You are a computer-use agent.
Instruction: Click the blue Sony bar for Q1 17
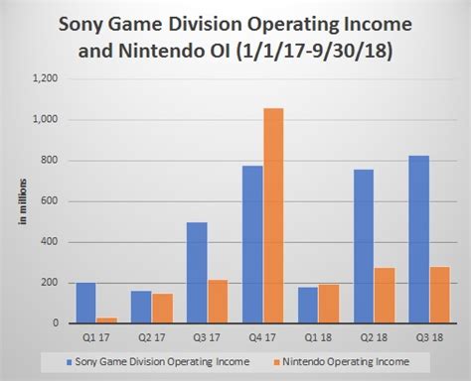pos(86,303)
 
